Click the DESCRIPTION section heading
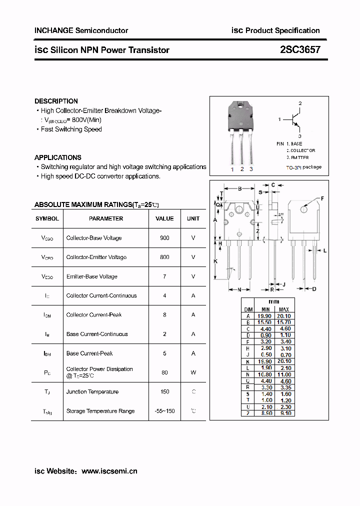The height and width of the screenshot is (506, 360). pyautogui.click(x=56, y=101)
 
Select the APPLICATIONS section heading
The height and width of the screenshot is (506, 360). pyautogui.click(x=57, y=157)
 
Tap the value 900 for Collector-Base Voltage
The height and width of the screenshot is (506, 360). pyautogui.click(x=164, y=238)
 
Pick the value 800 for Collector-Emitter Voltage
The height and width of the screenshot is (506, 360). pyautogui.click(x=164, y=257)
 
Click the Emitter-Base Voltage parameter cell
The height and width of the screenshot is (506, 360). pyautogui.click(x=91, y=276)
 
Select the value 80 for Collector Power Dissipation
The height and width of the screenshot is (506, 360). pyautogui.click(x=164, y=372)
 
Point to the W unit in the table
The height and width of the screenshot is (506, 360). pyautogui.click(x=193, y=372)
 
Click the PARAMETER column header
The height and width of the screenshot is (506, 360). pyautogui.click(x=106, y=218)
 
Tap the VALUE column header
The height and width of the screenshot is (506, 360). pyautogui.click(x=164, y=218)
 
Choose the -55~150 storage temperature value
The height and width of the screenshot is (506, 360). pyautogui.click(x=164, y=411)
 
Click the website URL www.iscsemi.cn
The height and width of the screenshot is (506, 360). pyautogui.click(x=109, y=471)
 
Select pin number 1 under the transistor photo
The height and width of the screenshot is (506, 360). pyautogui.click(x=232, y=169)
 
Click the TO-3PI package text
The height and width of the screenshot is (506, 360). pyautogui.click(x=303, y=167)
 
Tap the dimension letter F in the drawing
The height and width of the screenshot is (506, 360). pyautogui.click(x=322, y=198)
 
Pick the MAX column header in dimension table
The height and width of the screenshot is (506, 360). pyautogui.click(x=283, y=309)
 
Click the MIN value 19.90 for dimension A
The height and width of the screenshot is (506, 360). pyautogui.click(x=265, y=316)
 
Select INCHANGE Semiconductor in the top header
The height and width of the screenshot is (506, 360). pyautogui.click(x=81, y=30)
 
